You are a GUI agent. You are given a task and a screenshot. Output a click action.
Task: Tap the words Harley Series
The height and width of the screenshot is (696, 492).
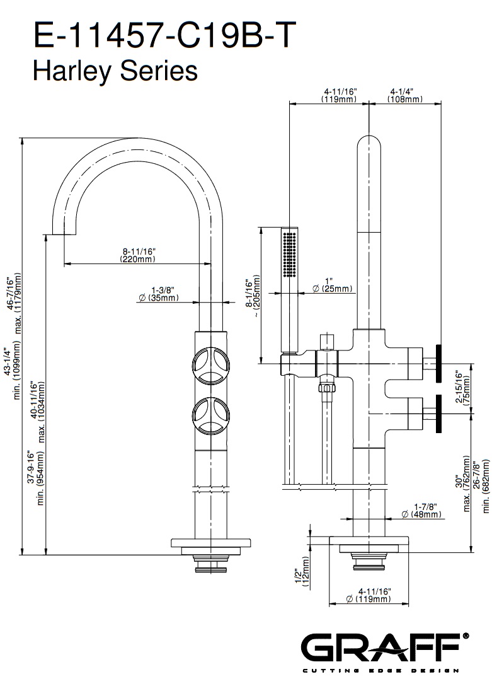pos(115,71)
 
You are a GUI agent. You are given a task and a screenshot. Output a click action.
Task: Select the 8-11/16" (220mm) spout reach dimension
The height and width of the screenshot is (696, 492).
pos(137,255)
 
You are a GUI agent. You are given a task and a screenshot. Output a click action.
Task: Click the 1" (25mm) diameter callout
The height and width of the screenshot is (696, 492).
pos(333,284)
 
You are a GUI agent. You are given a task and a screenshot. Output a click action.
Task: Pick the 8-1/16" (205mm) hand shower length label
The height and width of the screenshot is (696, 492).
pos(253,300)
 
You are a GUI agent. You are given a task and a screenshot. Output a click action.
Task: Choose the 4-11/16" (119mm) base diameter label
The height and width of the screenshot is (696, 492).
pos(369,594)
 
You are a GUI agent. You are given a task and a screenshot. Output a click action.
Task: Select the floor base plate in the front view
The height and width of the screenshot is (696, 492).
pos(212,542)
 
